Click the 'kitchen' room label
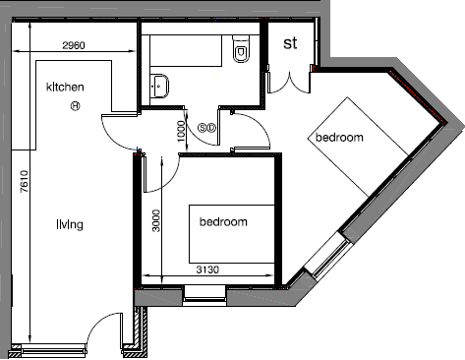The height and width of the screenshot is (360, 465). click(x=65, y=88)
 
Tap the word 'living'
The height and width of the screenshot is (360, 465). click(x=70, y=225)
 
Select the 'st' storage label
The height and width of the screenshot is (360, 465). click(x=290, y=43)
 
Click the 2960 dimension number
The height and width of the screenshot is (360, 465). click(x=75, y=45)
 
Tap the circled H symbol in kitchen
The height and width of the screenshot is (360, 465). click(x=75, y=106)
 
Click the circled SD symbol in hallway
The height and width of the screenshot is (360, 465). click(x=206, y=127)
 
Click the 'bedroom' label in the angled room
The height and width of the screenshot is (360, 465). click(x=339, y=138)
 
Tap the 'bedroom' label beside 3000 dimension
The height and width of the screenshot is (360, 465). click(x=223, y=221)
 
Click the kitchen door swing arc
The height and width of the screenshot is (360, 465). click(x=114, y=132)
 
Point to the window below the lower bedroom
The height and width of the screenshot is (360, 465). click(x=204, y=292)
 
